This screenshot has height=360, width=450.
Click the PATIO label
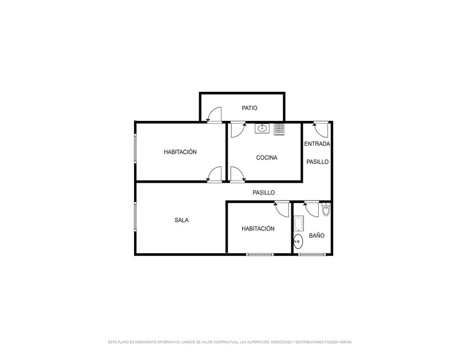(249, 108)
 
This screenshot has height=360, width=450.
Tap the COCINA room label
(266, 157)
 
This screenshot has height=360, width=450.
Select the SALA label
(182, 220)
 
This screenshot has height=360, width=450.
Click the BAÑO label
(316, 235)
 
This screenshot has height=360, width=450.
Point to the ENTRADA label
(317, 144)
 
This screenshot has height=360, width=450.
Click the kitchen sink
(262, 128)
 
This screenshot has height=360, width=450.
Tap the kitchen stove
(279, 129)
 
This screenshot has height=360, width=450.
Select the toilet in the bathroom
(326, 209)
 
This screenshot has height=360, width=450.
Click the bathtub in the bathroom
(299, 223)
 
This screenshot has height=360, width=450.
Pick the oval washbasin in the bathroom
(298, 241)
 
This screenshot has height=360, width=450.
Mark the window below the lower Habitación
(260, 254)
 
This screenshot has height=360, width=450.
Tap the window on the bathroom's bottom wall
(311, 254)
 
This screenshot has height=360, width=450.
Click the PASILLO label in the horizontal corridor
(263, 193)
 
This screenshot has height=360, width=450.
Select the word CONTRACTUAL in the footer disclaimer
(227, 342)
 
